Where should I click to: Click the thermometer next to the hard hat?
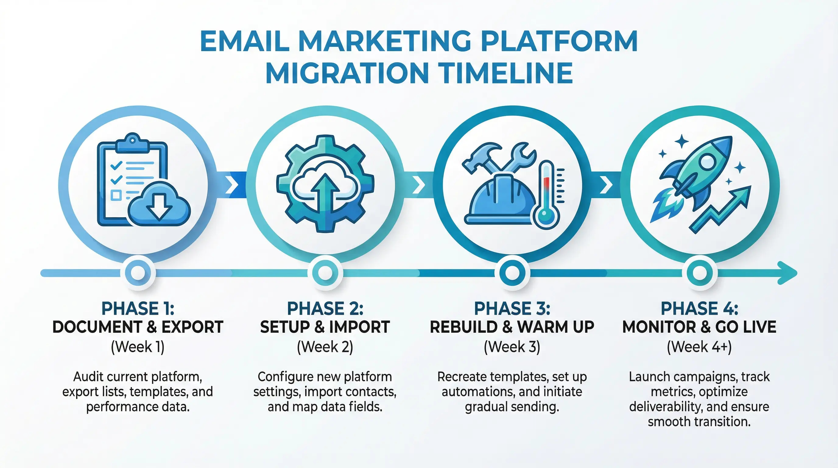pyautogui.click(x=546, y=195)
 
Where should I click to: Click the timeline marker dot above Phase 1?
pyautogui.click(x=138, y=273)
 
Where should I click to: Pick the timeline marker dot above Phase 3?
pyautogui.click(x=512, y=273)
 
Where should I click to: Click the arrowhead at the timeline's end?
pyautogui.click(x=787, y=273)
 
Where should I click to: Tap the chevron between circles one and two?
pyautogui.click(x=232, y=185)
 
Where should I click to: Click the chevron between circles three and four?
pyautogui.click(x=606, y=185)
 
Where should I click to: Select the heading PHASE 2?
pyautogui.click(x=325, y=309)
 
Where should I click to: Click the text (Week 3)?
pyautogui.click(x=512, y=347)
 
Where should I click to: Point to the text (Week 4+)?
pyautogui.click(x=699, y=347)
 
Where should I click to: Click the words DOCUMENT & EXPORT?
pyautogui.click(x=138, y=327)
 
